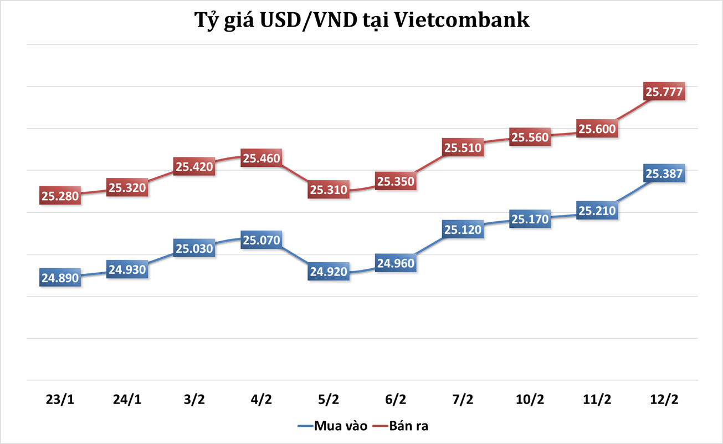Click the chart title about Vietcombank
(361, 21)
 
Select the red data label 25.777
(664, 91)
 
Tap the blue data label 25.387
(664, 173)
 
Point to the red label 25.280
(60, 196)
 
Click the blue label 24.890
(60, 278)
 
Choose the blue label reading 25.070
(261, 240)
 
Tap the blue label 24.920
(329, 272)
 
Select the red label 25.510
(463, 147)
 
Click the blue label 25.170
(530, 219)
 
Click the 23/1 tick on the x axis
(60, 399)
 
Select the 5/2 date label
(329, 399)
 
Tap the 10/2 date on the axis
(530, 399)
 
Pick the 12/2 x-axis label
(664, 399)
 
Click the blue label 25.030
(194, 248)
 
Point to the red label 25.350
(396, 181)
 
